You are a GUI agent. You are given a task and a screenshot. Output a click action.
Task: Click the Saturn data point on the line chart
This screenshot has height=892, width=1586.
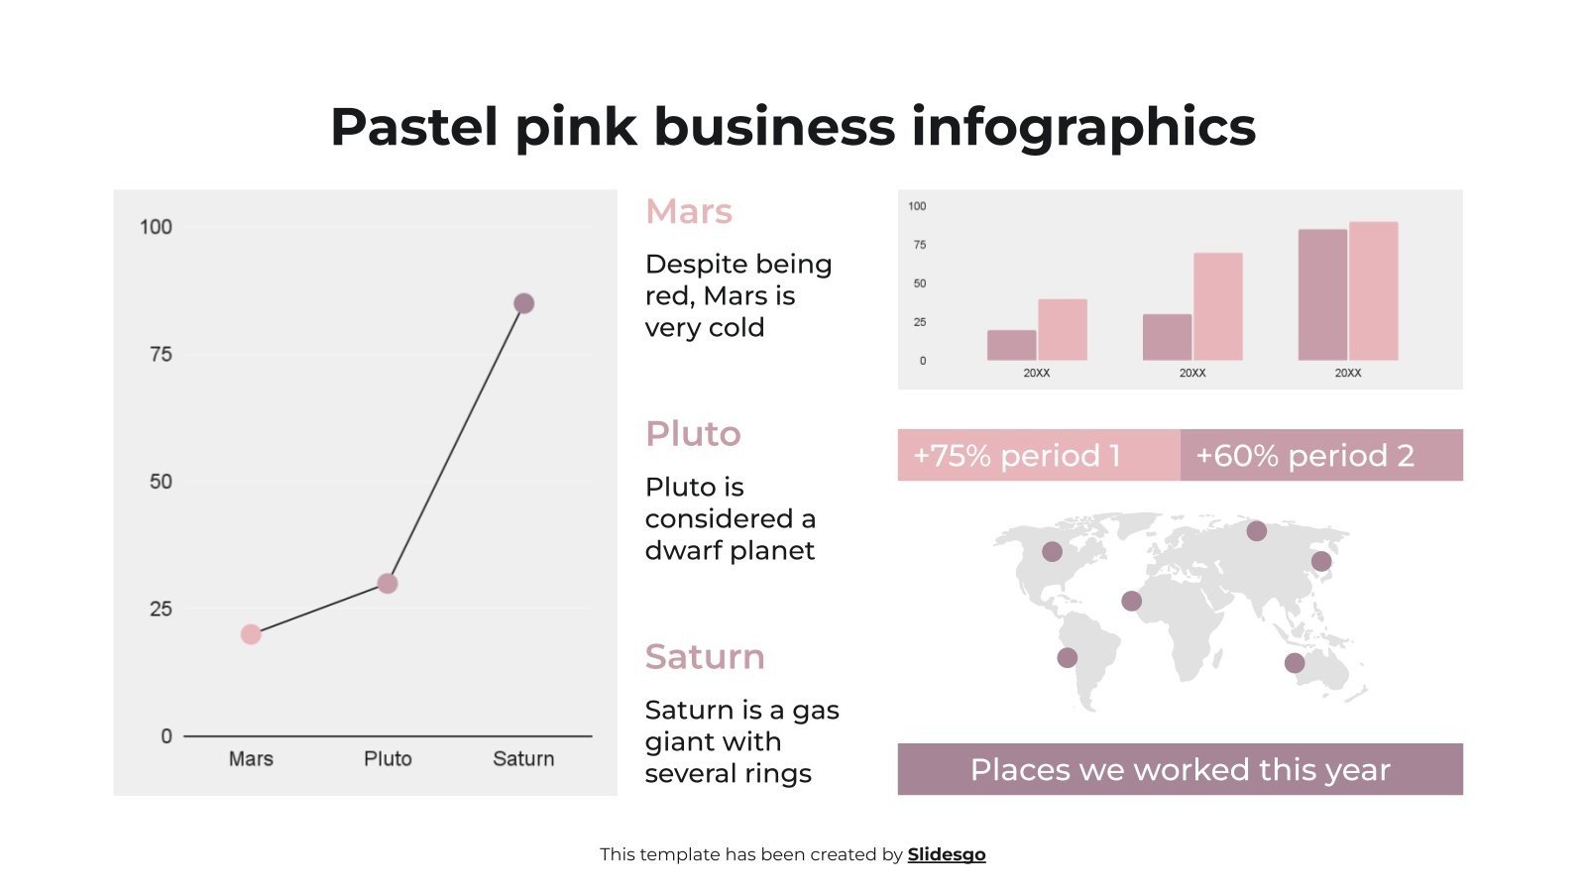[523, 303]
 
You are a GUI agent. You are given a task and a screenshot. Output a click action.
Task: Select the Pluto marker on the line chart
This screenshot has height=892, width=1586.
[388, 584]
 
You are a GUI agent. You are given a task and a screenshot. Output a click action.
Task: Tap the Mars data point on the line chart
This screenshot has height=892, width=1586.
[251, 634]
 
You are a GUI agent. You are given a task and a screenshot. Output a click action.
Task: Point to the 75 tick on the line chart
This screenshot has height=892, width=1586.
[161, 354]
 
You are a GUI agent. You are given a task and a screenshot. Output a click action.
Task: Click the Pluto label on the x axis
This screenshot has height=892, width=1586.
[388, 758]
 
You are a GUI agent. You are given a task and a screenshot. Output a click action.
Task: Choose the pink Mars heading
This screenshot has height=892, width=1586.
[689, 211]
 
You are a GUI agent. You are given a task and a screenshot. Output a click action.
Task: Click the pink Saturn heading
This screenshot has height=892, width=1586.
[705, 656]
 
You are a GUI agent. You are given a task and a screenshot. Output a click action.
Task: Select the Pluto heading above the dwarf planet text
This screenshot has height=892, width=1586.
[693, 433]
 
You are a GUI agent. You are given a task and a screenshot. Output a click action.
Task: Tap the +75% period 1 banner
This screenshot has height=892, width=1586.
[1038, 455]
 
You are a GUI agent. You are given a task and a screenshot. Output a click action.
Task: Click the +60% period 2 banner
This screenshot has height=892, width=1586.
[1321, 455]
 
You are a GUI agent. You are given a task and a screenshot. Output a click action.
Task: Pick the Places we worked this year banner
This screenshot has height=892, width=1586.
[1180, 769]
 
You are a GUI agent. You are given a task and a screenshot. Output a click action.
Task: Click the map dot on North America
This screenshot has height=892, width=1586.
[1052, 551]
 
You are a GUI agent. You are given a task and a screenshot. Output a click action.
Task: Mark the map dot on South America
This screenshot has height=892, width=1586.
[1067, 657]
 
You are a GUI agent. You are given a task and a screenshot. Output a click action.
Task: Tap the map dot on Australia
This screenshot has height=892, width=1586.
[1295, 663]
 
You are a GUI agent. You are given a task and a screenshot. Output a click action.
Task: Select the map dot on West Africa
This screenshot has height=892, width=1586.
[1131, 601]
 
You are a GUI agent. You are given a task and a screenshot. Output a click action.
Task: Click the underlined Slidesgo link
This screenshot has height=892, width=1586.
[947, 854]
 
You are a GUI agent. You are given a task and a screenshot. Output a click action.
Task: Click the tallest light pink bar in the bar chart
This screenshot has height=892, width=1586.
[1373, 290]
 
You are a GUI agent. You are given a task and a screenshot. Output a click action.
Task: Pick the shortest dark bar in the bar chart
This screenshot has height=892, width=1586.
[1011, 345]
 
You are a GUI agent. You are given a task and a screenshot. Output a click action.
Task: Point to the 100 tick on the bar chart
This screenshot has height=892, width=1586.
[917, 206]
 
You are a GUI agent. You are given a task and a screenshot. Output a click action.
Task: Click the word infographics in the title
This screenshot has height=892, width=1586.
[1083, 127]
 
